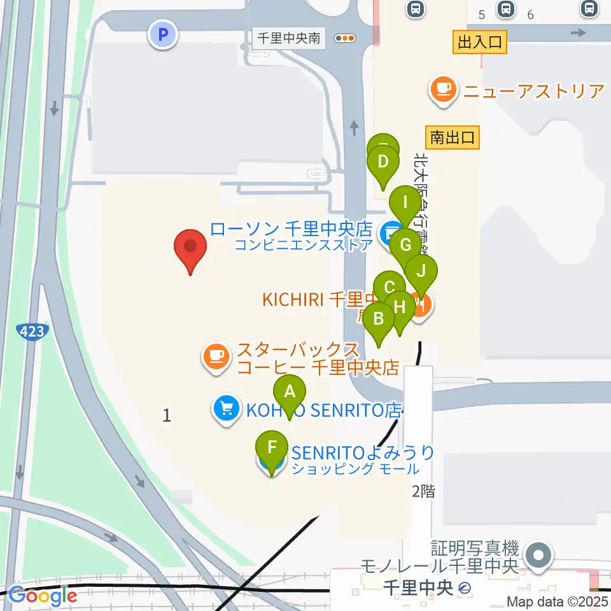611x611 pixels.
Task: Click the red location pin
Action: pos(190,248)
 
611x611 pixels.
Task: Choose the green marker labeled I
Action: pos(405,204)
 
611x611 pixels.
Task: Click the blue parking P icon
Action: pos(163,34)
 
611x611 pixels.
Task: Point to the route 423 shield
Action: pos(31,331)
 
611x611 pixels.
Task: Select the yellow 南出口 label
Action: pos(452,137)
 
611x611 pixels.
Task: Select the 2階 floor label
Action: pos(424,490)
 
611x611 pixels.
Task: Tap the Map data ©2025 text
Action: pos(558,601)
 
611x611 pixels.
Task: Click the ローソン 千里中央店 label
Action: pos(291,228)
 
